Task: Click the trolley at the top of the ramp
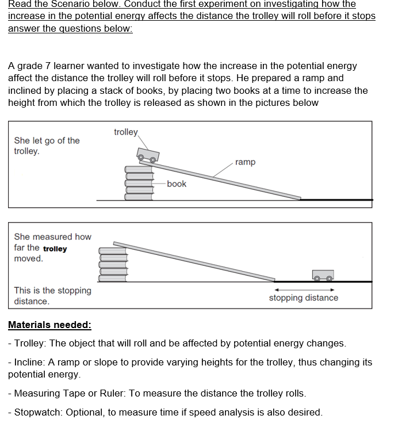coord(148,154)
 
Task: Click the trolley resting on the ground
coord(323,275)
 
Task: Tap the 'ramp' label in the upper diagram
coord(245,162)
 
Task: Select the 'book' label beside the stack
coord(177,184)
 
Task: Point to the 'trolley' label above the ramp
coord(126,132)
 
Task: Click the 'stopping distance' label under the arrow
coord(303,298)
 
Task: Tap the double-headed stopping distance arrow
coord(304,289)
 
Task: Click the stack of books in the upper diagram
coord(138,182)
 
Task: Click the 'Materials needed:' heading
coord(49,325)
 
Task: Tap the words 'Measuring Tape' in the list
coord(49,394)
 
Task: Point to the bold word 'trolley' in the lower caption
coord(55,249)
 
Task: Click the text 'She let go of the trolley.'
coord(47,146)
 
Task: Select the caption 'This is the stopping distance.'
coord(52,296)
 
